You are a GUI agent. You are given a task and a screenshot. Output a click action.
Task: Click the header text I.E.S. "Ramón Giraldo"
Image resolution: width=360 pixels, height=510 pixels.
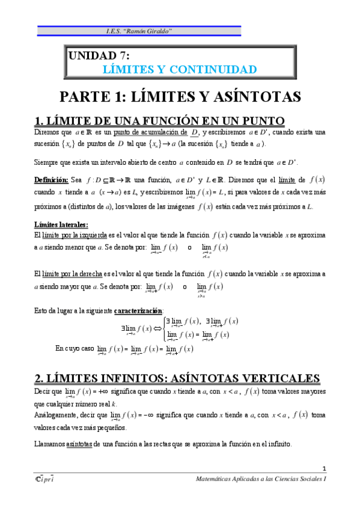(x=140, y=31)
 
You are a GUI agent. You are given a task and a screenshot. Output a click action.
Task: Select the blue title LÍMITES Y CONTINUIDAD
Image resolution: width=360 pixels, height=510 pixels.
(x=180, y=69)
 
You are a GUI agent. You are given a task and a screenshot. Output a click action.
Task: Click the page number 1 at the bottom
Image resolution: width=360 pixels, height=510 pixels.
(x=323, y=469)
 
